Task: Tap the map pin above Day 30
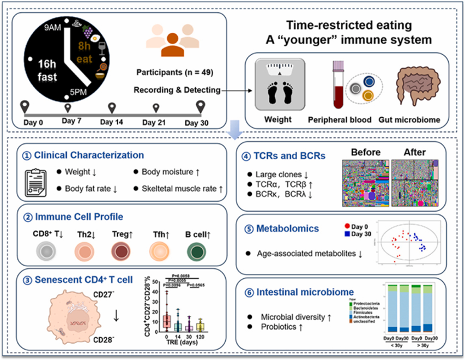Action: tap(201, 105)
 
